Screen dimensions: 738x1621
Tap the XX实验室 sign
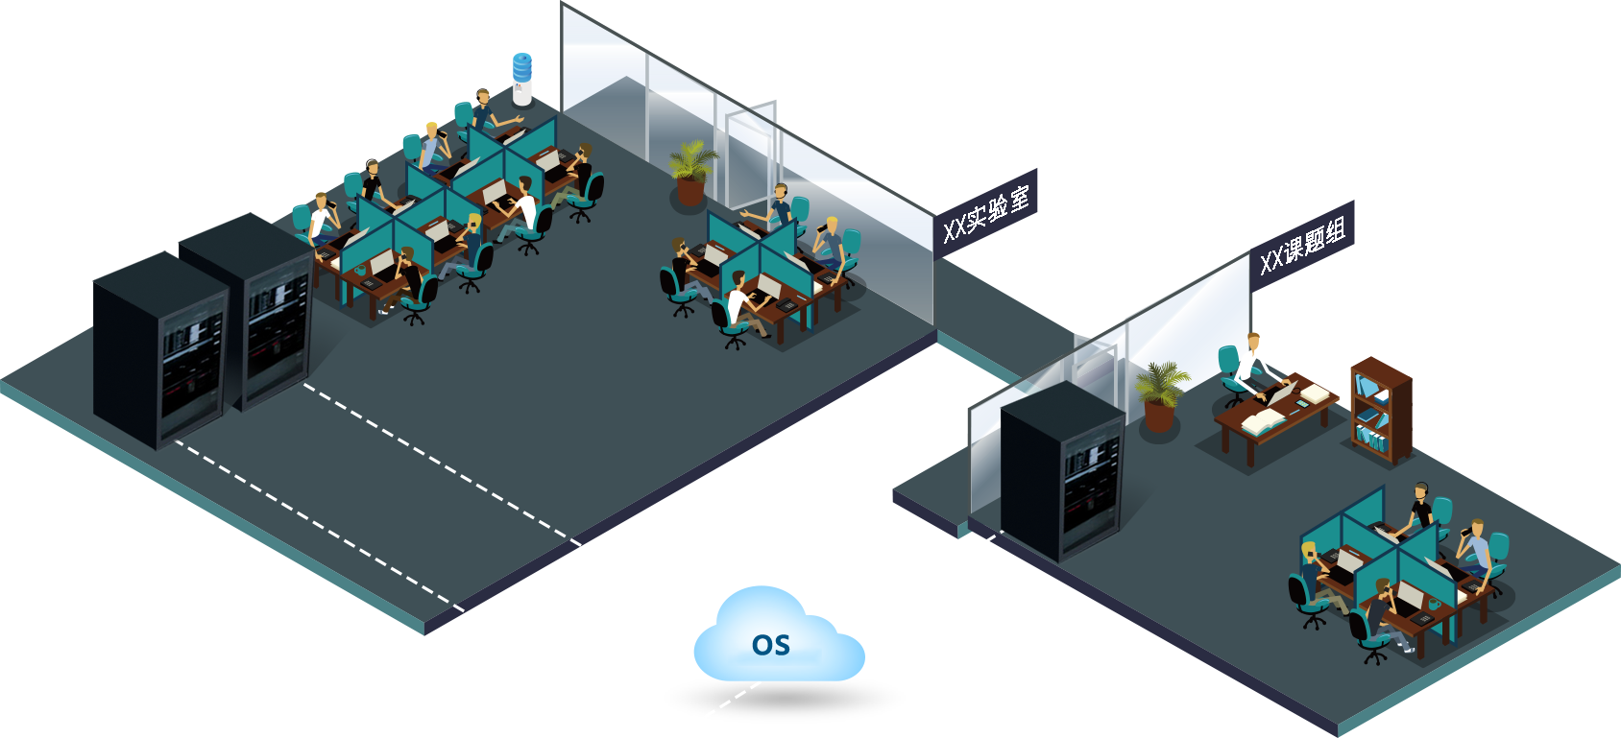(984, 214)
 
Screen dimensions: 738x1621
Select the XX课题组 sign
(1301, 246)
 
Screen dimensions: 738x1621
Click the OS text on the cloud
(771, 645)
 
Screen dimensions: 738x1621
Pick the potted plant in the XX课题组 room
(1160, 393)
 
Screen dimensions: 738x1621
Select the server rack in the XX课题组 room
(1061, 470)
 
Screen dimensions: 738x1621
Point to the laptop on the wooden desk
(1283, 393)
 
